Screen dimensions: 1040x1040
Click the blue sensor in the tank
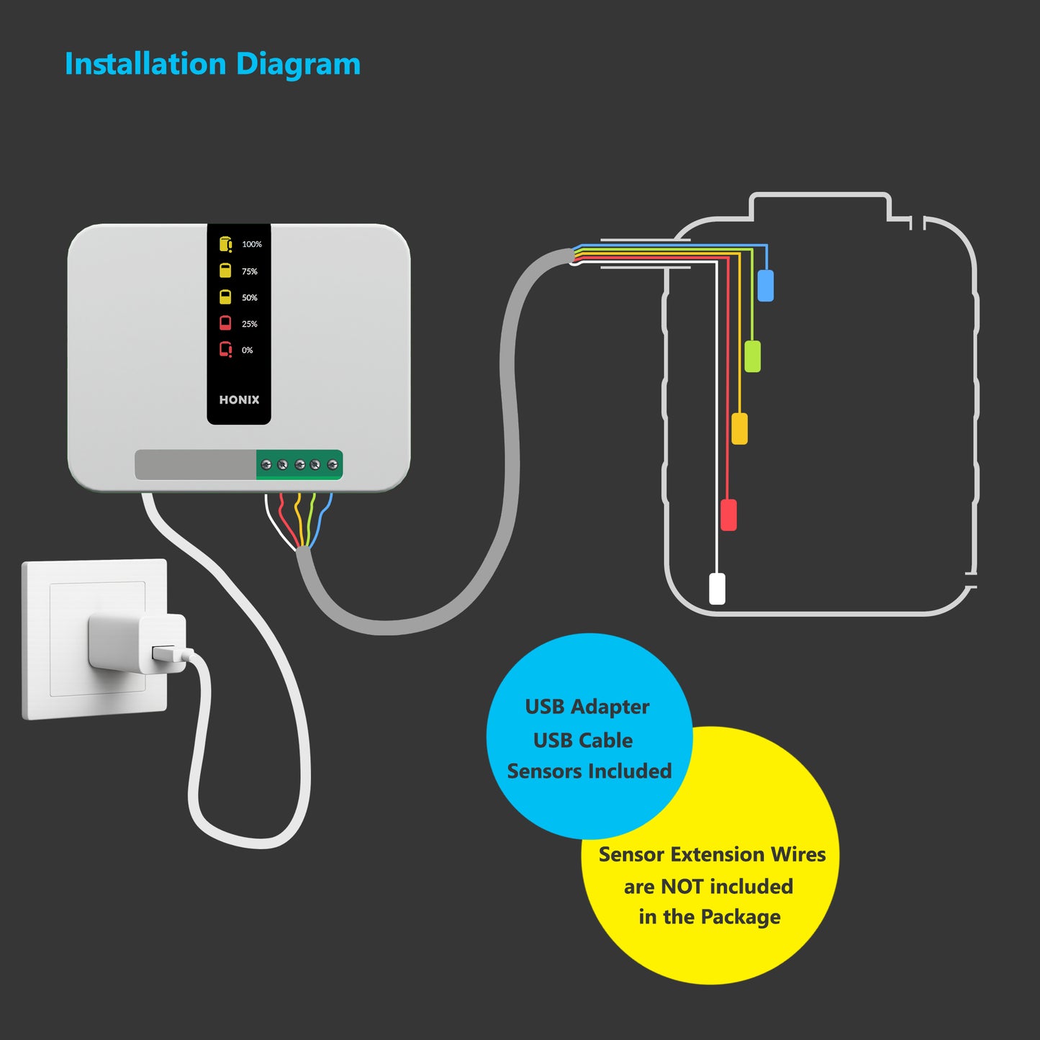tap(766, 286)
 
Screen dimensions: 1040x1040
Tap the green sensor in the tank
tap(752, 356)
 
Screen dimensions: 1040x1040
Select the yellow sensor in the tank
tap(739, 428)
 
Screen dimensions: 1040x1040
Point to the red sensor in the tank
tap(728, 515)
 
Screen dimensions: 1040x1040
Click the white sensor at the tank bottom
tap(718, 588)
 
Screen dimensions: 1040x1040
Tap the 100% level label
tap(252, 245)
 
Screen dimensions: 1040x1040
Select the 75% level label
tap(250, 271)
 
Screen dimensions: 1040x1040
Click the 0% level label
tap(248, 351)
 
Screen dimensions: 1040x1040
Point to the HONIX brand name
tap(239, 400)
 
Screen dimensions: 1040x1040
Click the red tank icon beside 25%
tap(225, 323)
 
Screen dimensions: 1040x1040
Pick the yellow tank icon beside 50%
tap(225, 297)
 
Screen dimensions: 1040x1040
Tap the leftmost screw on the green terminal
tap(266, 465)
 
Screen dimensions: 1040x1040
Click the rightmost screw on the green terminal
tap(333, 465)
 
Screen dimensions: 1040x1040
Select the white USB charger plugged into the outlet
tap(137, 642)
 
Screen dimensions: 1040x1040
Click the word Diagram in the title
tap(298, 65)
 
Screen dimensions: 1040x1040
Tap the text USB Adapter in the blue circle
tap(587, 707)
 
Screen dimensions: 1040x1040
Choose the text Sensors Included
tap(589, 771)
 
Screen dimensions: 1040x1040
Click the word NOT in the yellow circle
tap(682, 887)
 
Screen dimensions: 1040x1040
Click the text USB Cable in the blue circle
tap(583, 740)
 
